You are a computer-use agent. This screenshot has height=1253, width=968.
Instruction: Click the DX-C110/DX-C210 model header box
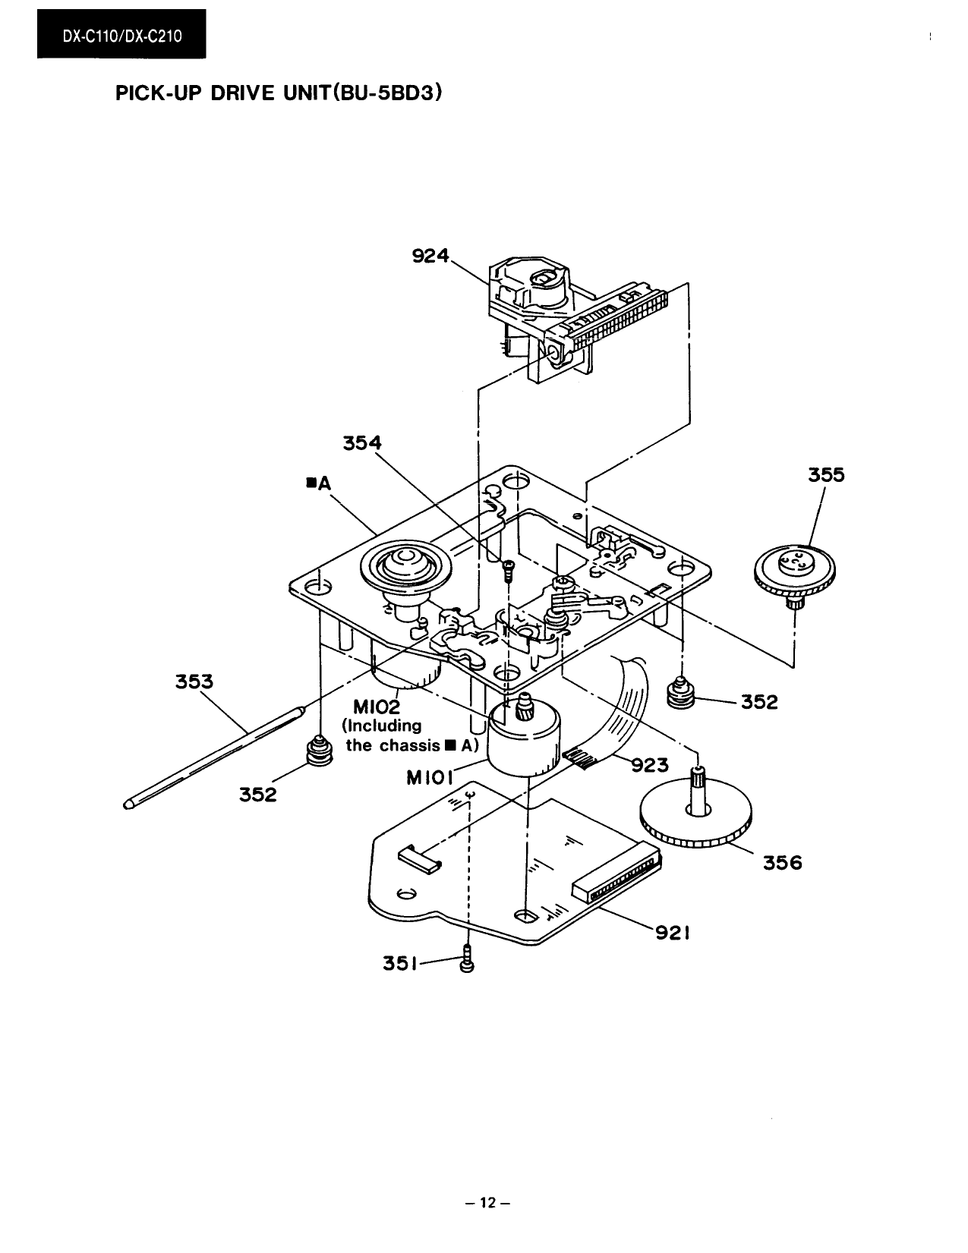tap(121, 35)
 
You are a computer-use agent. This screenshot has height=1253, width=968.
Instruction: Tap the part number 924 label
tap(430, 257)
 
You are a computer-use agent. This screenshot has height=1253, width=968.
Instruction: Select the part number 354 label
tap(362, 442)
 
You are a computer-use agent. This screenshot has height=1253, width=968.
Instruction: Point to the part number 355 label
tap(826, 475)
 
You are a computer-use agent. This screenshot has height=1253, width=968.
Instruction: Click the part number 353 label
tap(194, 682)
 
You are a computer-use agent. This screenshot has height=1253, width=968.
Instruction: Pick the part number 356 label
tap(783, 862)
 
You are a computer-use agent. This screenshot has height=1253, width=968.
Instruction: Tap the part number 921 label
tap(672, 933)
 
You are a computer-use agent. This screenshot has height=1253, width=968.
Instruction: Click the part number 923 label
tap(650, 765)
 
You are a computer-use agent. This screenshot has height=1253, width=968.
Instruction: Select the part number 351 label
tap(399, 964)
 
